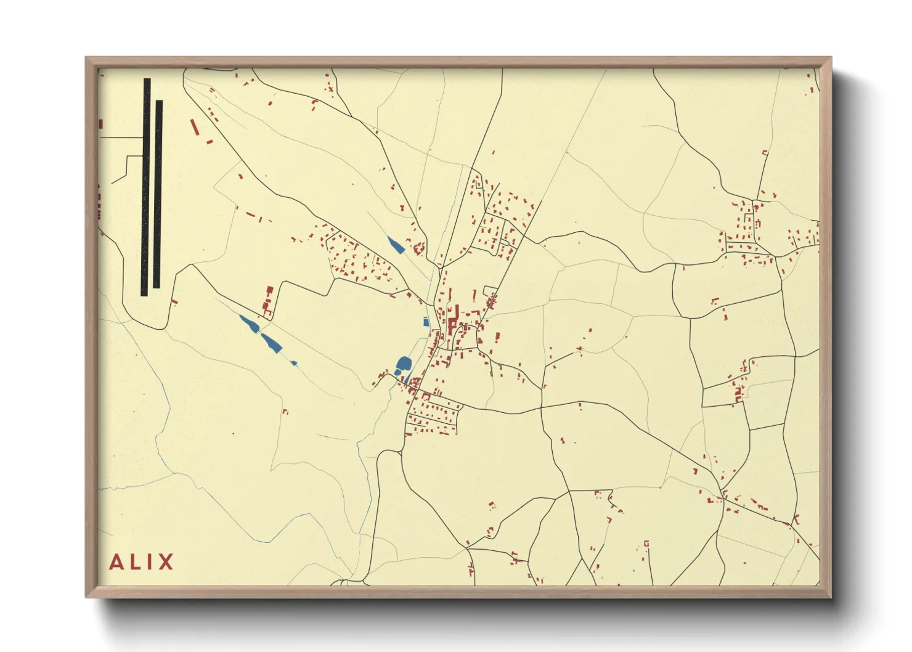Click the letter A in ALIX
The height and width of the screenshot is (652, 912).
[x=116, y=562]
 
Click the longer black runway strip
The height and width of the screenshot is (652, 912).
[x=146, y=187]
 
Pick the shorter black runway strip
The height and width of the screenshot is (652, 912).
[x=158, y=194]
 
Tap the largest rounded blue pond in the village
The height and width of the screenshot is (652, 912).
[x=404, y=364]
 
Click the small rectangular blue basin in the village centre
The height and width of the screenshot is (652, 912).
[x=425, y=321]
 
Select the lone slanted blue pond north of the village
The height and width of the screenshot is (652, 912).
[x=394, y=244]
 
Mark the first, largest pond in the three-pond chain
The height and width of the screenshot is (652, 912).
[x=250, y=324]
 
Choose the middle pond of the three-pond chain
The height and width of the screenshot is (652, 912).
[x=271, y=342]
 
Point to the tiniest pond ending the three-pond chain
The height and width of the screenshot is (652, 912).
[x=293, y=363]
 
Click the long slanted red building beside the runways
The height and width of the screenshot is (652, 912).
[x=195, y=128]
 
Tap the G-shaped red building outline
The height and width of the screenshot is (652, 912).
[x=646, y=543]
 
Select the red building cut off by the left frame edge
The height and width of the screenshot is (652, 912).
[x=100, y=124]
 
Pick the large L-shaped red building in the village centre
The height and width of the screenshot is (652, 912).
[x=452, y=325]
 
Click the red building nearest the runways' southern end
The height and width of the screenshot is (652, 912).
[x=175, y=302]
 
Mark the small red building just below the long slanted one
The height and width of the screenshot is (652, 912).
[x=208, y=143]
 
